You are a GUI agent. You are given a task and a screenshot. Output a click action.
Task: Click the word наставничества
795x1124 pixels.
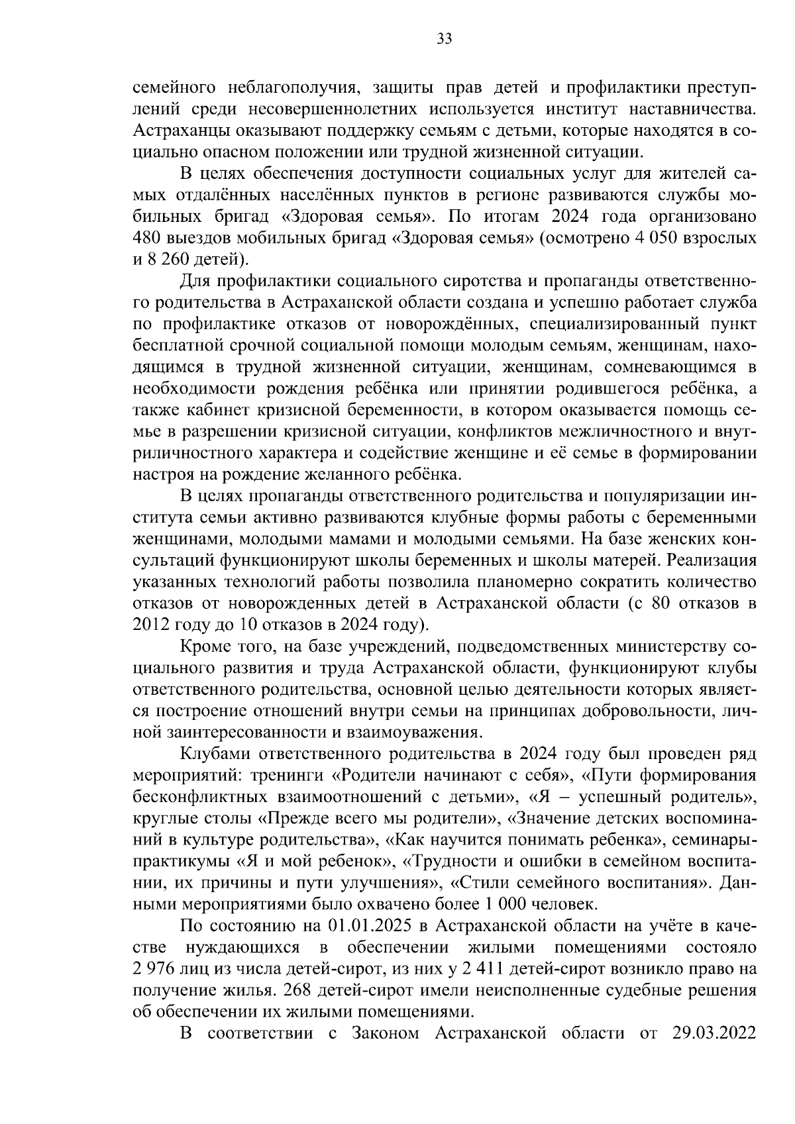click(x=692, y=109)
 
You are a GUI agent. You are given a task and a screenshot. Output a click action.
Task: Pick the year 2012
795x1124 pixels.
click(x=150, y=624)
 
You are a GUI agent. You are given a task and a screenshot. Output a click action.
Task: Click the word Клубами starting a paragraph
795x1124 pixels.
click(x=213, y=753)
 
